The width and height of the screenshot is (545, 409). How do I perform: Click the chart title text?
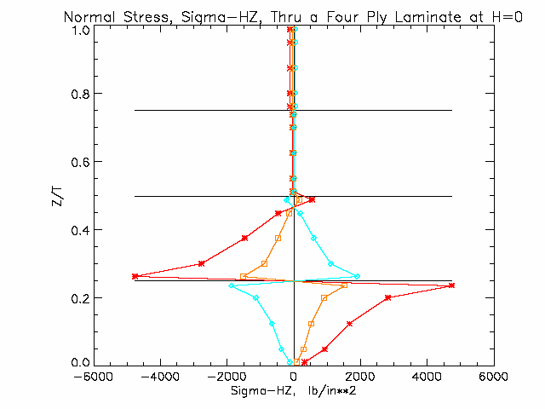click(x=293, y=17)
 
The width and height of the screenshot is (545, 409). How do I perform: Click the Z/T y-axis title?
click(x=57, y=197)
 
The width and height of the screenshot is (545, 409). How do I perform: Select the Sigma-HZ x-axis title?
click(x=294, y=391)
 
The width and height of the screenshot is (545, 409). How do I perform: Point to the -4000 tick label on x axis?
click(x=160, y=377)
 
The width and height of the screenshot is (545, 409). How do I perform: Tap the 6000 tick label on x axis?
click(x=494, y=377)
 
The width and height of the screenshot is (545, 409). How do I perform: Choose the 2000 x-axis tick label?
click(x=360, y=377)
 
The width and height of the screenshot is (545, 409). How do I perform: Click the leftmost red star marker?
click(x=135, y=276)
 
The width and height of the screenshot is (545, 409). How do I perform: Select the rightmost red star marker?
click(x=451, y=285)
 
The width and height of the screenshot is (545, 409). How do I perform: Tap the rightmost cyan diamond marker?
click(x=357, y=276)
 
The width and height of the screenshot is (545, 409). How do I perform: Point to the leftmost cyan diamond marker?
click(x=231, y=286)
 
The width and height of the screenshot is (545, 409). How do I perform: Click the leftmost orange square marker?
click(x=244, y=277)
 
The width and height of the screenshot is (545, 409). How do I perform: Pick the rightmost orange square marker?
click(x=344, y=285)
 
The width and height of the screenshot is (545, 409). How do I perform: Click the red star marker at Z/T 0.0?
click(x=305, y=362)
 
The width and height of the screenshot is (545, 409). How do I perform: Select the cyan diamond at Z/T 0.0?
click(x=290, y=362)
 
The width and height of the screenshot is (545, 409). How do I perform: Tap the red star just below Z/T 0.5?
click(x=312, y=199)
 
